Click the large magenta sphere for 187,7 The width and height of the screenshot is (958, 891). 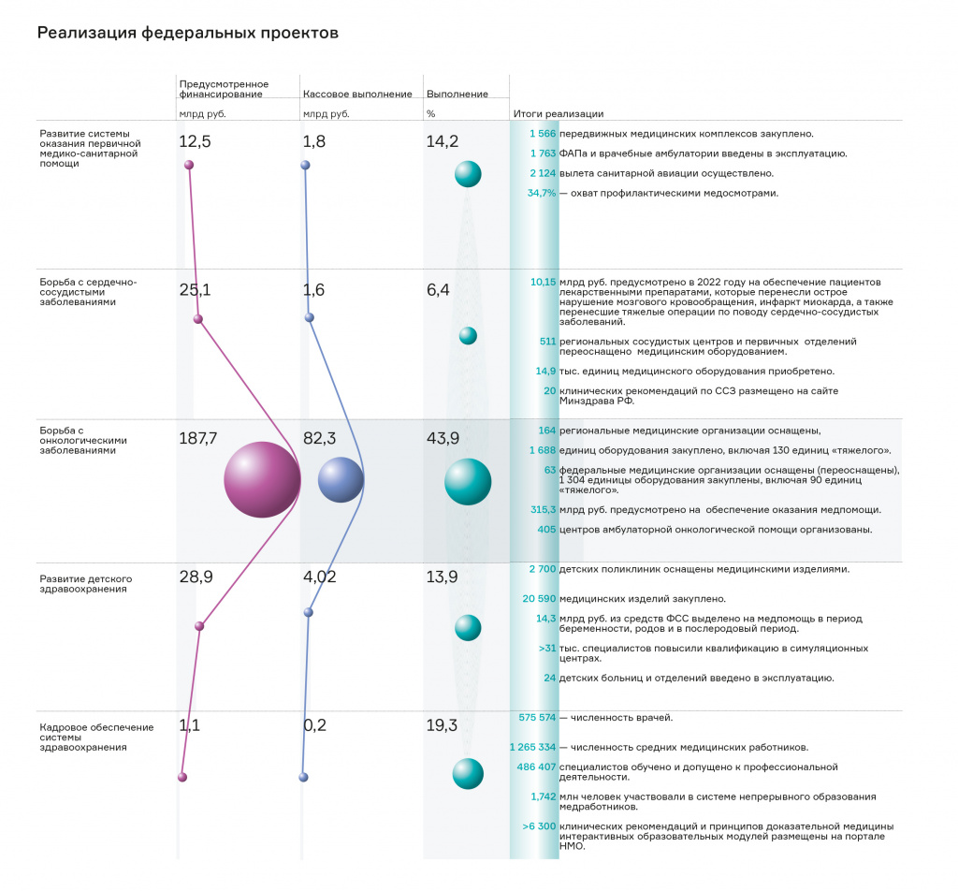pos(262,480)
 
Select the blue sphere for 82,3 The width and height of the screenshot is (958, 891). pos(341,480)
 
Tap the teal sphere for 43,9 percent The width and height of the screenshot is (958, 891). pos(468,482)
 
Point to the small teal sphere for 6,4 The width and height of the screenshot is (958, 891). pos(468,335)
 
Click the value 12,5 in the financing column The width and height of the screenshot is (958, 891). pos(195,141)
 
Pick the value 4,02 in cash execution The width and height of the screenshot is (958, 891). pos(320,577)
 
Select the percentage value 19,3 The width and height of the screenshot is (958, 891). pos(442,725)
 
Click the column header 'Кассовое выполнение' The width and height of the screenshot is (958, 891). pos(357,95)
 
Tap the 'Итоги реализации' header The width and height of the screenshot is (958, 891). pos(559,113)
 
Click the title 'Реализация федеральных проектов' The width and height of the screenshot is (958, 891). pos(187,33)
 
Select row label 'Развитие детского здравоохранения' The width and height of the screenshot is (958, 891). pos(85,584)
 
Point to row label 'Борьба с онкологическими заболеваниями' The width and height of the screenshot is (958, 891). pos(83,440)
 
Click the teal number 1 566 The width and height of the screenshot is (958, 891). pos(543,134)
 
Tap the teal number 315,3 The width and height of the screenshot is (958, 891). pos(544,510)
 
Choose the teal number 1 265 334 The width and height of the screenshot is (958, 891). pos(532,747)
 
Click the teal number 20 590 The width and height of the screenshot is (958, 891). pos(539,599)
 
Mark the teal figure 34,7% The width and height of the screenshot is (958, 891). pos(542,193)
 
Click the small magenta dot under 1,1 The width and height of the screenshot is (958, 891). pos(182,778)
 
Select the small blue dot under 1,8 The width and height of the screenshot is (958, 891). pos(306,165)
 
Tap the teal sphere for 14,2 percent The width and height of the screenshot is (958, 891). pos(468,174)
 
